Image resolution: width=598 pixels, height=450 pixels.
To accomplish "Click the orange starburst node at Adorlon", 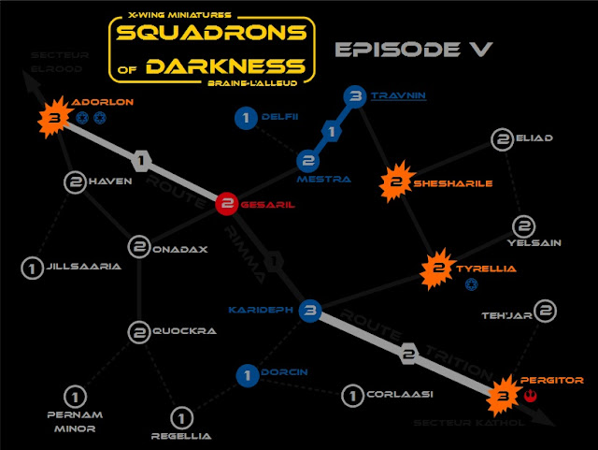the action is [54, 119].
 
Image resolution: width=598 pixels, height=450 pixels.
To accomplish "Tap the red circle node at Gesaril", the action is [226, 204].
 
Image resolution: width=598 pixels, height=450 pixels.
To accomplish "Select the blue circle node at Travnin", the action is [354, 95].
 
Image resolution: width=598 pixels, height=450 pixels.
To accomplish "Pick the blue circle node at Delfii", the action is [246, 118].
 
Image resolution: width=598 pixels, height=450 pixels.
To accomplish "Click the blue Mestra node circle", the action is [308, 161].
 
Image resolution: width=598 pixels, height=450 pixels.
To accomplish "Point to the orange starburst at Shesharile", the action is [396, 183].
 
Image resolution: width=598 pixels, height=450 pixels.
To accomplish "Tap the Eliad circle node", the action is [504, 140].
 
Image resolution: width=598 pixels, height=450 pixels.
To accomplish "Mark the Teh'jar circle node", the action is [547, 312].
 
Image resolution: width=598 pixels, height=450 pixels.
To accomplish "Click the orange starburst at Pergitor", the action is [504, 396].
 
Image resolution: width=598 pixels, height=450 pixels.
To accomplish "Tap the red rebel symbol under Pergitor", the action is [530, 397].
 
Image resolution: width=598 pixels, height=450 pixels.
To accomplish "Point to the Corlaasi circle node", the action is [352, 396].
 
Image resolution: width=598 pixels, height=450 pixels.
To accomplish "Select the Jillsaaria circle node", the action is [33, 269].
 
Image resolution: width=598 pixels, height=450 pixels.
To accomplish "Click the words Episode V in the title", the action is [412, 50].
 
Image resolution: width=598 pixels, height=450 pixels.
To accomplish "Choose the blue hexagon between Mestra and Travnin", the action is [331, 132].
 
